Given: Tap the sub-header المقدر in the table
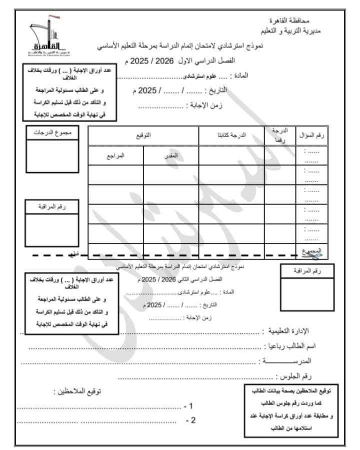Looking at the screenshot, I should [171, 155].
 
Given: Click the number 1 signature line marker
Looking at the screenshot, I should [188, 406].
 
